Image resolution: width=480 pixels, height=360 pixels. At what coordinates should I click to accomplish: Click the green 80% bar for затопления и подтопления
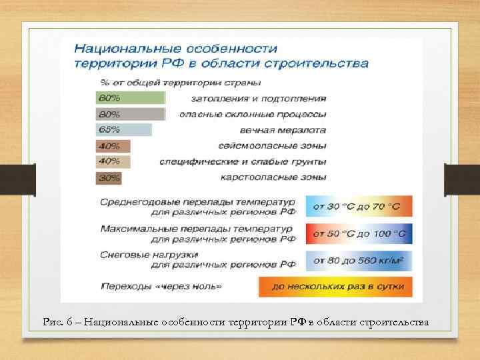click(130, 98)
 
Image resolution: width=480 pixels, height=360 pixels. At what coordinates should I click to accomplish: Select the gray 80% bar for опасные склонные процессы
click(130, 114)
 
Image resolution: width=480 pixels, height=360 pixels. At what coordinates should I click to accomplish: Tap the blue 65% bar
click(124, 129)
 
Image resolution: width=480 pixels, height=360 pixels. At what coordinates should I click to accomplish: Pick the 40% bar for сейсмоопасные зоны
click(113, 146)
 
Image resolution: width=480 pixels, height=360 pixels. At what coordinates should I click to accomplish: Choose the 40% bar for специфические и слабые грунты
click(113, 161)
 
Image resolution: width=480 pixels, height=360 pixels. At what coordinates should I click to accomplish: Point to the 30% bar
click(109, 178)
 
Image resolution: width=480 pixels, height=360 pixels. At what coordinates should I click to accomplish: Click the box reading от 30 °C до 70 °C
click(359, 207)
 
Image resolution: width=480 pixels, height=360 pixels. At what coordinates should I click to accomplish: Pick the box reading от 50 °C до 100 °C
click(359, 233)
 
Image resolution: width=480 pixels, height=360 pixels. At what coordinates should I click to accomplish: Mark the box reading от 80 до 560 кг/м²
click(359, 260)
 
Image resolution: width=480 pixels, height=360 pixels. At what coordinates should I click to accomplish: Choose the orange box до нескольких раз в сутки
click(335, 287)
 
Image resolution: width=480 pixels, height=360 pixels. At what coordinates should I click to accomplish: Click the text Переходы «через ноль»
click(161, 287)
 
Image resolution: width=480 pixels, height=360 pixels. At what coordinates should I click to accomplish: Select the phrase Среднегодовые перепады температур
click(197, 202)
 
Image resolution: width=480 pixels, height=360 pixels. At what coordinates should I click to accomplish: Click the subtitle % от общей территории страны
click(180, 83)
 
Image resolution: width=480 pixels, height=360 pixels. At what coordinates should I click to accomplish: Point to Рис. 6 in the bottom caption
click(55, 323)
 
